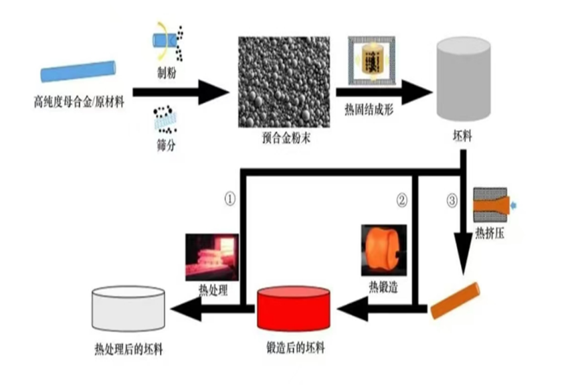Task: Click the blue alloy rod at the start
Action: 78,71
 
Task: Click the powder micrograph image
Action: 283,80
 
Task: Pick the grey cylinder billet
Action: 462,78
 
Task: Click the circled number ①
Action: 229,199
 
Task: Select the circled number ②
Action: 401,199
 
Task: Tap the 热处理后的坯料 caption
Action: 129,350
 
